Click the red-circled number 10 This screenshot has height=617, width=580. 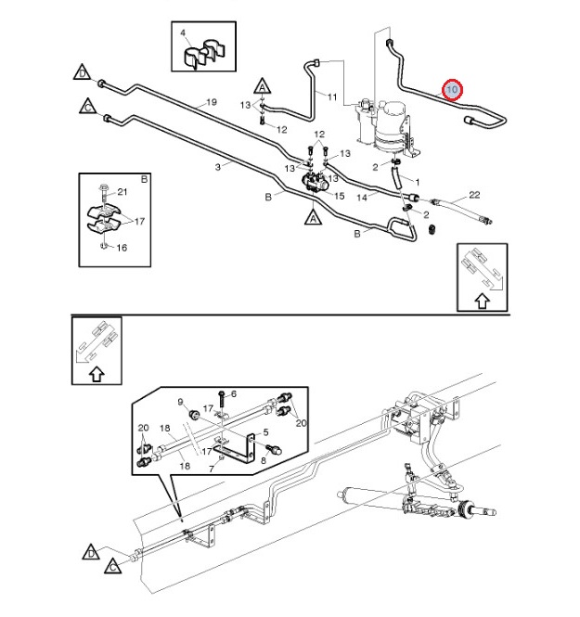click(x=452, y=90)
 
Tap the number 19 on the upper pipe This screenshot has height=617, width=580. click(x=211, y=102)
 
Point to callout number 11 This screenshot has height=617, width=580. click(x=332, y=96)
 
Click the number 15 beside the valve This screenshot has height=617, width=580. click(x=339, y=196)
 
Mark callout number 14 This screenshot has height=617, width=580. click(x=363, y=197)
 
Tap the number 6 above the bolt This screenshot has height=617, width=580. click(x=234, y=393)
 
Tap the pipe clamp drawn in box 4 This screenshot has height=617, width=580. click(x=200, y=57)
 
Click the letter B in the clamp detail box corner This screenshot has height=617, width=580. click(x=144, y=177)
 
